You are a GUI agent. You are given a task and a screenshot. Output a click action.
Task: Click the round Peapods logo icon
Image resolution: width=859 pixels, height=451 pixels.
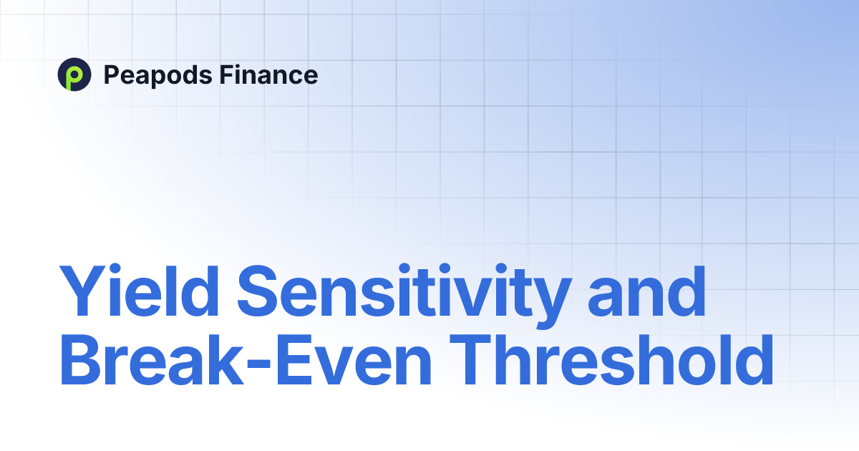point(74,74)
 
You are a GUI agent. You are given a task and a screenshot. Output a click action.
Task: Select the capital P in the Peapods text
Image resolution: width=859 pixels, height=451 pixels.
point(111,74)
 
